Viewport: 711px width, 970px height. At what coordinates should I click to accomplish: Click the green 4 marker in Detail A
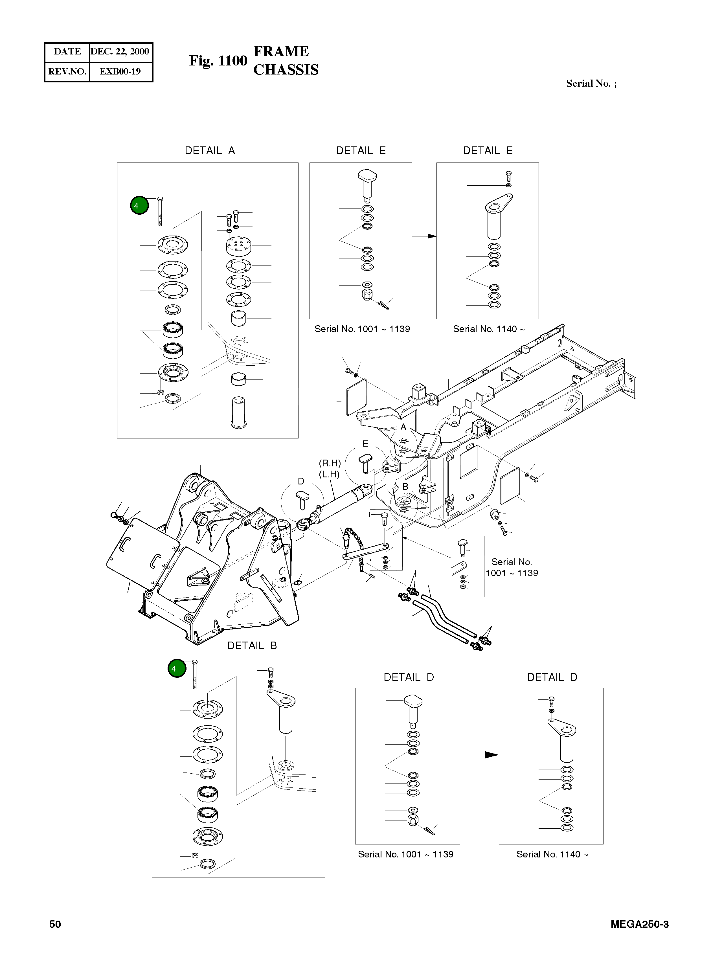[x=139, y=206]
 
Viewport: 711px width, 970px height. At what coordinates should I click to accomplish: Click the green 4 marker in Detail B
[x=176, y=669]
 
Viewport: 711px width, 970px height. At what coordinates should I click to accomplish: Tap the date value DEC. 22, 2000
[x=120, y=52]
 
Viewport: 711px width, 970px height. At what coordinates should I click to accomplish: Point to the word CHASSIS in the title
[x=286, y=70]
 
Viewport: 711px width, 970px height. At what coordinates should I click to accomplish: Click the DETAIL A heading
[x=210, y=151]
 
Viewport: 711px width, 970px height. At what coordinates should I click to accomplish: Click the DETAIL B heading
[x=252, y=646]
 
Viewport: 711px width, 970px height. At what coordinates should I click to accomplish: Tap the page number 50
[x=55, y=924]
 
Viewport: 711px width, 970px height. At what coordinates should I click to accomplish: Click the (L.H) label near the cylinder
[x=329, y=475]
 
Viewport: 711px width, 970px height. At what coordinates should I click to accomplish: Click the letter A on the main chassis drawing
[x=403, y=427]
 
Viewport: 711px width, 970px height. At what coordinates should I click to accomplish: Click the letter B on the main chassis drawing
[x=405, y=487]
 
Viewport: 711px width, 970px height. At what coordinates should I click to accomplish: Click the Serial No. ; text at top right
[x=591, y=84]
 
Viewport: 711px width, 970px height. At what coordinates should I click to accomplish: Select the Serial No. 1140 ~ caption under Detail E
[x=488, y=329]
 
